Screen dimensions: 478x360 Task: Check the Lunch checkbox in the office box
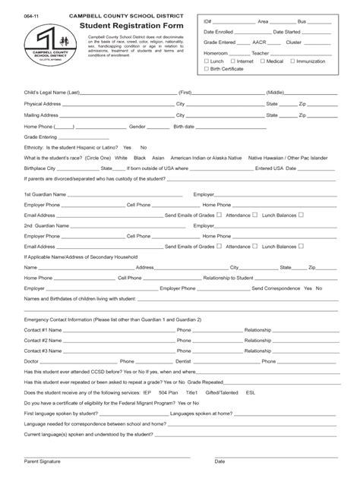206,61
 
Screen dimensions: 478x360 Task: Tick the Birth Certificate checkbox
206,69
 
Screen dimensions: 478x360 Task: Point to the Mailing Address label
42,115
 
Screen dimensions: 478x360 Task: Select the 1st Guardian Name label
45,194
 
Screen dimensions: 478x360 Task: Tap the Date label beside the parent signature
220,460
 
